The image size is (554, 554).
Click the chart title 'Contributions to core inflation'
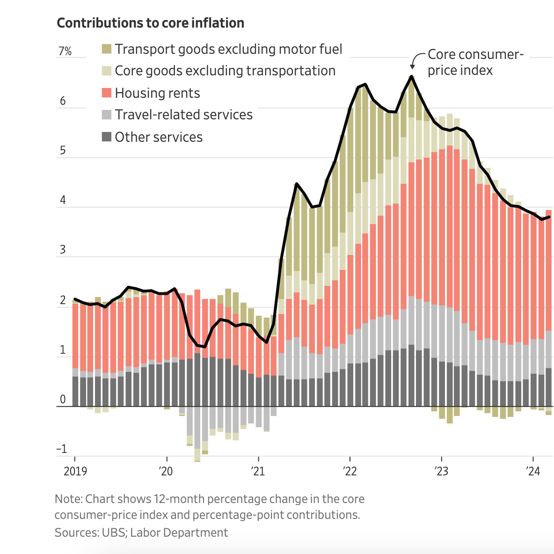click(150, 23)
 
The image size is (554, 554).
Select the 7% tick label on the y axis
click(65, 51)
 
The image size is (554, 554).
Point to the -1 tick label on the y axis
click(62, 449)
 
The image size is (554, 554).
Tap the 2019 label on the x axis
click(75, 471)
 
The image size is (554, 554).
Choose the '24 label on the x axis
click(532, 471)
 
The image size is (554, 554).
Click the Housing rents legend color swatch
click(107, 93)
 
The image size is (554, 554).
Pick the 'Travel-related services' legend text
click(183, 115)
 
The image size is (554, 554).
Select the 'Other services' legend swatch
click(107, 137)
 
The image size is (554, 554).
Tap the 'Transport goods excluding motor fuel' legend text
click(228, 49)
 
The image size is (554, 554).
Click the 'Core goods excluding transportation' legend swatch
click(107, 71)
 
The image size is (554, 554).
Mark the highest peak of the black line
click(412, 76)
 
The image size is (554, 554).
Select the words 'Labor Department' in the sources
click(179, 532)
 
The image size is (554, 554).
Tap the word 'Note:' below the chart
click(68, 499)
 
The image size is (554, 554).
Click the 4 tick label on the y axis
click(63, 201)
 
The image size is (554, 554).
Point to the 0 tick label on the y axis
click(63, 400)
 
